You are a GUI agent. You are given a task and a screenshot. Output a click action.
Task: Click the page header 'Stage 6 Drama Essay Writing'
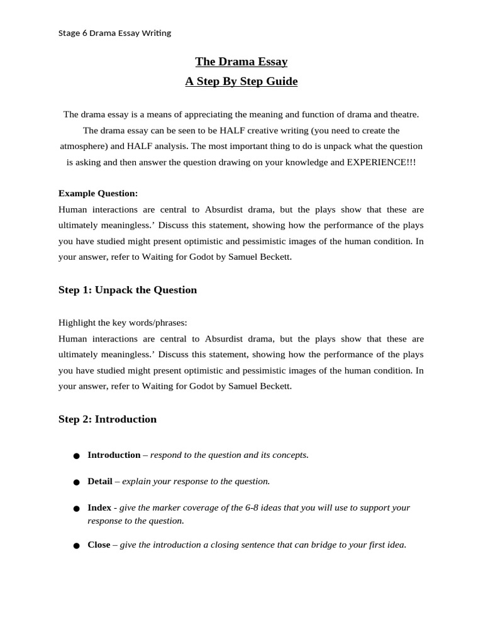(114, 33)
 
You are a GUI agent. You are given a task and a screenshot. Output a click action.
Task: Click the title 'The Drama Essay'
(241, 61)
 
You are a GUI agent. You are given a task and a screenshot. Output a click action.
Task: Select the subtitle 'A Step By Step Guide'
(241, 81)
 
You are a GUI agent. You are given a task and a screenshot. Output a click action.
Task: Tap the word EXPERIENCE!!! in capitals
(381, 162)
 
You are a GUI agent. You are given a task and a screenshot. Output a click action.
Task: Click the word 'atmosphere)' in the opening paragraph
(83, 146)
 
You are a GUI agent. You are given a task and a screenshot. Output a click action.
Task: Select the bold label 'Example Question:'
(98, 193)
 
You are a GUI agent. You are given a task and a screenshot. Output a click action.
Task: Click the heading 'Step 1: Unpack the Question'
(128, 290)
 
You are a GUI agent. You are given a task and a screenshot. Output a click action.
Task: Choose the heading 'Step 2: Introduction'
(108, 419)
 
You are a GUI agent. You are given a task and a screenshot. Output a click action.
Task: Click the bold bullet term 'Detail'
(100, 481)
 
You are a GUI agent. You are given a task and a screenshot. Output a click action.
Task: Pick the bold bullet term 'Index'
(99, 508)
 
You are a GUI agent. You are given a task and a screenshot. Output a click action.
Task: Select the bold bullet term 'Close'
(99, 545)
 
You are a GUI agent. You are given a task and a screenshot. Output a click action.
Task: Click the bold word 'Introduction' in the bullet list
(114, 455)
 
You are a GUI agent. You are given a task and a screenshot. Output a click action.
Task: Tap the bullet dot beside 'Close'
(76, 546)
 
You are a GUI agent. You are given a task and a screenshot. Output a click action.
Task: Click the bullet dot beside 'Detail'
(76, 482)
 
